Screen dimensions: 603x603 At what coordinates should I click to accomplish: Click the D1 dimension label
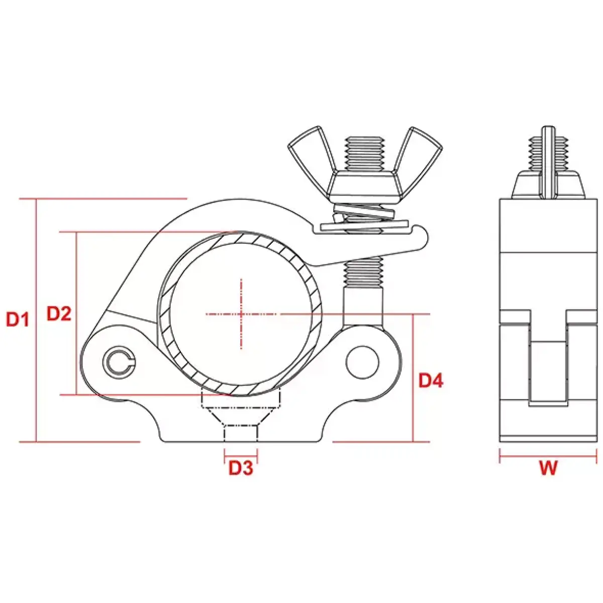coord(18,319)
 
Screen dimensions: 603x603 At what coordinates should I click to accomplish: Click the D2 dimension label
coord(59,314)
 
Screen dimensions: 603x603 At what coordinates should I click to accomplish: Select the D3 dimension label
coord(241,468)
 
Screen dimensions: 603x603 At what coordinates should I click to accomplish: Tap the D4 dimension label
coord(431,380)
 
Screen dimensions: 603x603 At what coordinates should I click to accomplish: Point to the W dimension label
coord(548,468)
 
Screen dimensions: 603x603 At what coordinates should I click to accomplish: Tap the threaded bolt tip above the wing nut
coord(364,151)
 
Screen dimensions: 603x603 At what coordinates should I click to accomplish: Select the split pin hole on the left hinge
coord(119,360)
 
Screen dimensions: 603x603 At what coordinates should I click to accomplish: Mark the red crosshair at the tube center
coord(242,314)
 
